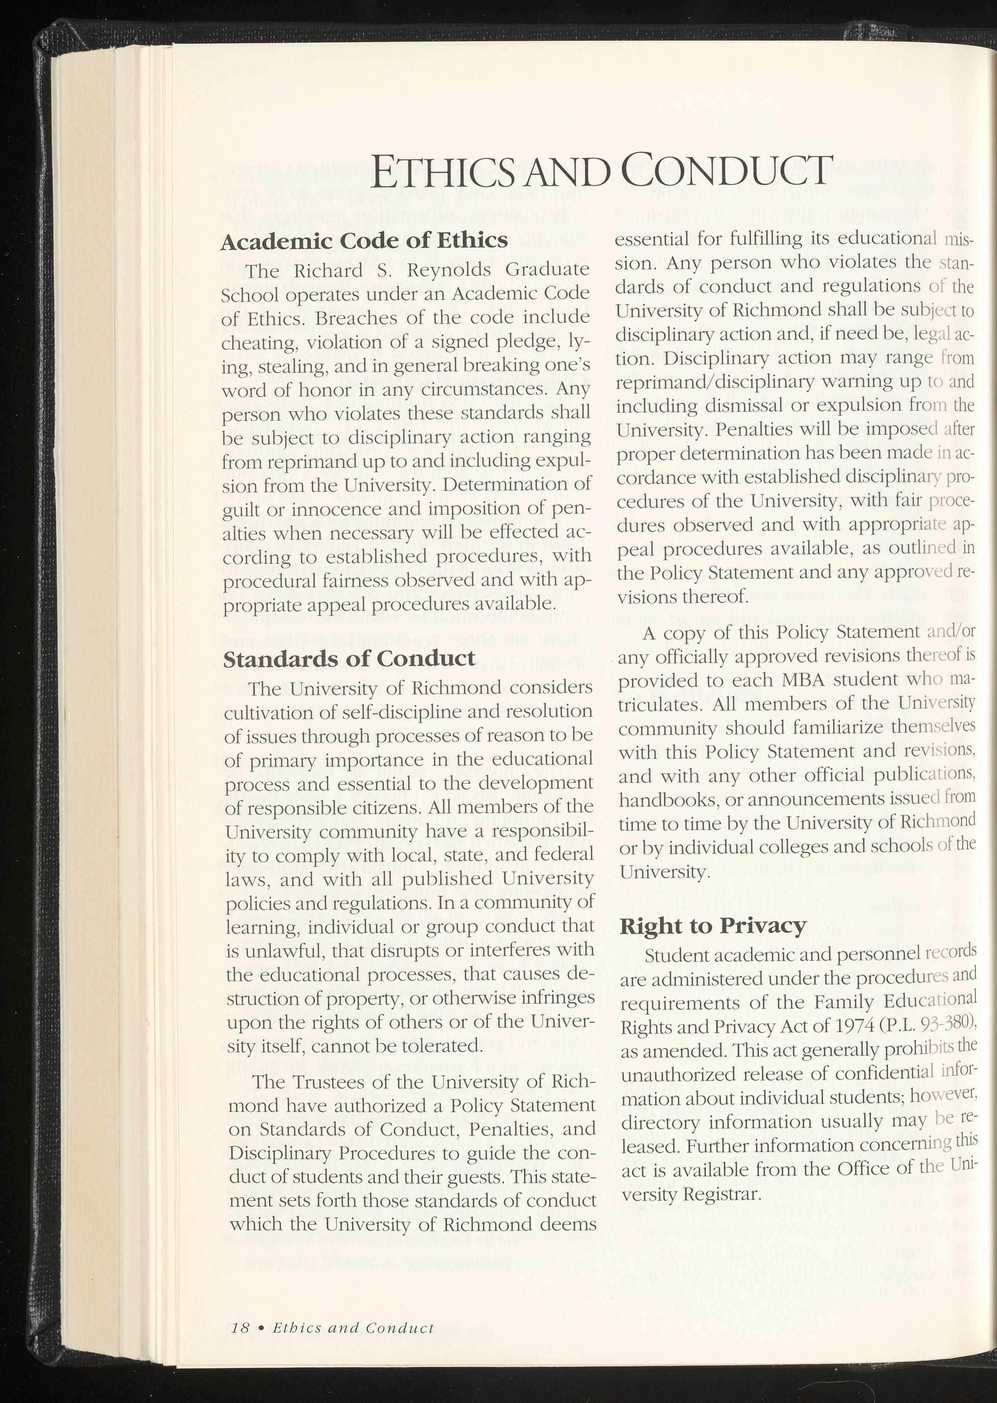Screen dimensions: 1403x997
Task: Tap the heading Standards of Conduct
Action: (x=349, y=659)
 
